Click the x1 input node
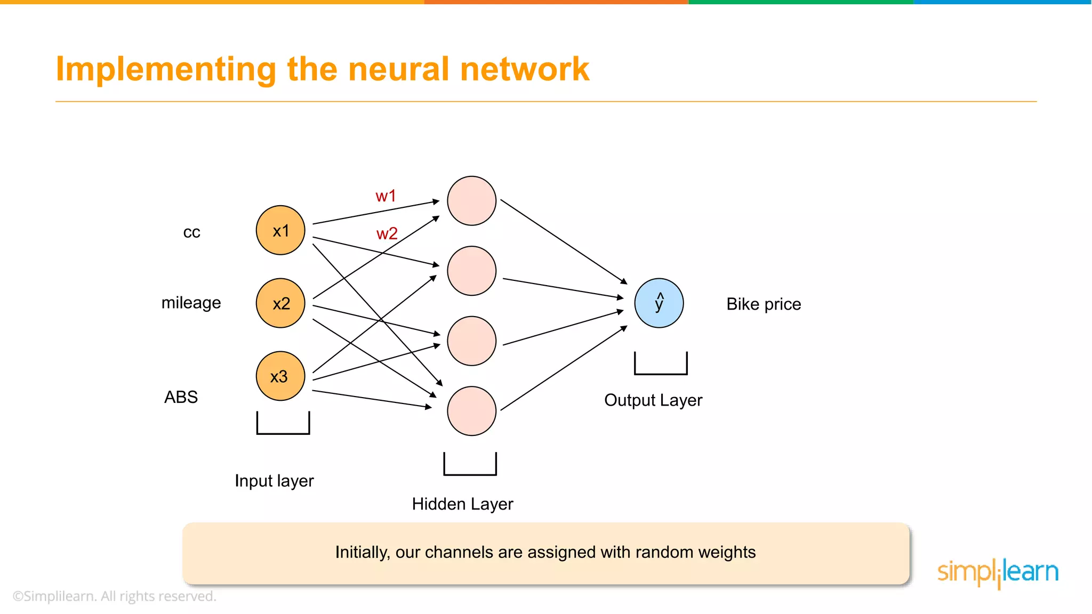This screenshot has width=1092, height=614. coord(280,230)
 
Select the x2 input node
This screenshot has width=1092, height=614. coord(280,303)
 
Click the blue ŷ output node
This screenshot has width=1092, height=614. coord(659,303)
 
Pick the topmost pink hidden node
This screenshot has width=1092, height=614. coord(472,201)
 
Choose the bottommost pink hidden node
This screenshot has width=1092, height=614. coord(472,411)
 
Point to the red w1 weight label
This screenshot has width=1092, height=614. coord(386,196)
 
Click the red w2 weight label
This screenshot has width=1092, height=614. coord(387,233)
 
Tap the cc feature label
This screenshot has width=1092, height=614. coord(191,232)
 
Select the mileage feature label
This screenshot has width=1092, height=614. coord(191,303)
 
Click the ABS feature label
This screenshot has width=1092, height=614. coord(181,397)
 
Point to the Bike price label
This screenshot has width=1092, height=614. coord(764,304)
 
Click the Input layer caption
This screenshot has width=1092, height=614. coord(274,481)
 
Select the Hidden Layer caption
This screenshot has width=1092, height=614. coord(462,504)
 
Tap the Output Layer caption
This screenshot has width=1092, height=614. coord(653,400)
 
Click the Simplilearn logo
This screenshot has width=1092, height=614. coord(998,572)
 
